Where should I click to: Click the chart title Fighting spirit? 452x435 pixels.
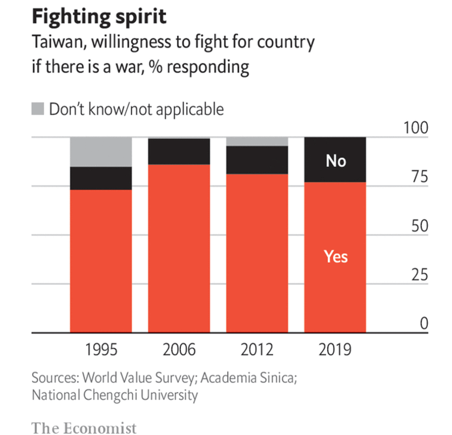pyautogui.click(x=99, y=17)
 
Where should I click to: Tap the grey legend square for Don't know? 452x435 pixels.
pyautogui.click(x=38, y=109)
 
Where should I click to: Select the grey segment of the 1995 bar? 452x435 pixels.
pyautogui.click(x=101, y=152)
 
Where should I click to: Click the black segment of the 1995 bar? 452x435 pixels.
pyautogui.click(x=101, y=178)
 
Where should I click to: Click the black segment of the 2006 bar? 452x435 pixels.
pyautogui.click(x=179, y=151)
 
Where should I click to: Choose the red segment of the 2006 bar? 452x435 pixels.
pyautogui.click(x=179, y=248)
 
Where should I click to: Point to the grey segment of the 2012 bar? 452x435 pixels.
pyautogui.click(x=257, y=142)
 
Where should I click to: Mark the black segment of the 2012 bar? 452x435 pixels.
pyautogui.click(x=257, y=160)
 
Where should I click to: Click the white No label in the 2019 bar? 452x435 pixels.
pyautogui.click(x=336, y=161)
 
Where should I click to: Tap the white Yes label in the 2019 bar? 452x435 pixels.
pyautogui.click(x=336, y=256)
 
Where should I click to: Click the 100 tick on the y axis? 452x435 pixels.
pyautogui.click(x=415, y=128)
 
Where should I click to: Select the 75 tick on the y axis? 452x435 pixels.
pyautogui.click(x=419, y=177)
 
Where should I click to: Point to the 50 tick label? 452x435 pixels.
pyautogui.click(x=419, y=226)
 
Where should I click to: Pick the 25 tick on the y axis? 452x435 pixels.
pyautogui.click(x=419, y=275)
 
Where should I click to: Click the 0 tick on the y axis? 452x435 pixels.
pyautogui.click(x=424, y=323)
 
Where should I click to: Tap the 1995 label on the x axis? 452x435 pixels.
pyautogui.click(x=101, y=349)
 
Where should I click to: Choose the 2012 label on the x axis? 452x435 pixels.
pyautogui.click(x=257, y=349)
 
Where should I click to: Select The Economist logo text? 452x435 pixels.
pyautogui.click(x=84, y=428)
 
